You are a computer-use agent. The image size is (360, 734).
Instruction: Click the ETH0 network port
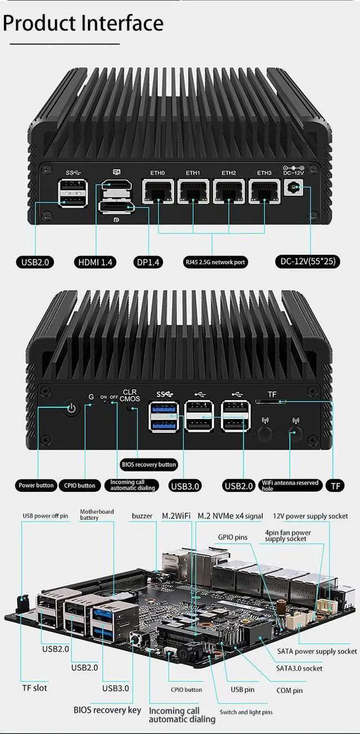point(158,192)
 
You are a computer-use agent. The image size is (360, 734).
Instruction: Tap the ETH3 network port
point(264,192)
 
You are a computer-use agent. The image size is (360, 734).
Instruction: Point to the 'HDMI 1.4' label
point(95,262)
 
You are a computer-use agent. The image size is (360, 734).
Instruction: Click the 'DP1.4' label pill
point(148,262)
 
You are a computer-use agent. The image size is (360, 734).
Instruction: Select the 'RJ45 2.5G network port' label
point(216,262)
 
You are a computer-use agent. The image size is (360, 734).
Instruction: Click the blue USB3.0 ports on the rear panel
point(163,416)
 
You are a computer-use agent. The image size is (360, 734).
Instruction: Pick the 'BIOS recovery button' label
point(149,464)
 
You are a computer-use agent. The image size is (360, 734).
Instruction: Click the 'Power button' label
point(37,485)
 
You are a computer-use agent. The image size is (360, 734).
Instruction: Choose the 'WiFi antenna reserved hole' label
point(290,485)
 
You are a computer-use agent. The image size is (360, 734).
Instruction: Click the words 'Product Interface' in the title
point(83,23)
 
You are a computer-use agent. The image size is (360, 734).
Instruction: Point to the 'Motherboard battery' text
point(97,515)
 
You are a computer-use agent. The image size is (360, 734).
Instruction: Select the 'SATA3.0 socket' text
point(299,668)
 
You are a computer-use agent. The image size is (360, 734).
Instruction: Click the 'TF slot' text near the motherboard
point(35,687)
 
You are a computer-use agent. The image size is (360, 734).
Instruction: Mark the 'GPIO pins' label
point(233,537)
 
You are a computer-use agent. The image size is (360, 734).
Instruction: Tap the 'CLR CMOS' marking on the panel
point(130,395)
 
